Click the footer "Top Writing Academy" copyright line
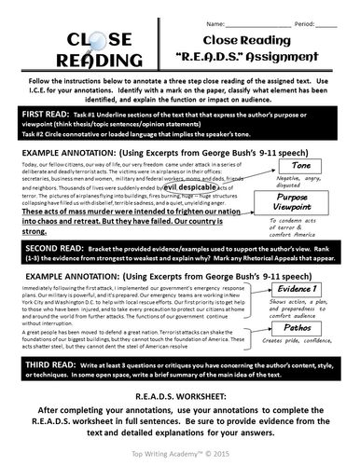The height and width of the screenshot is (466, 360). click(x=180, y=456)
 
